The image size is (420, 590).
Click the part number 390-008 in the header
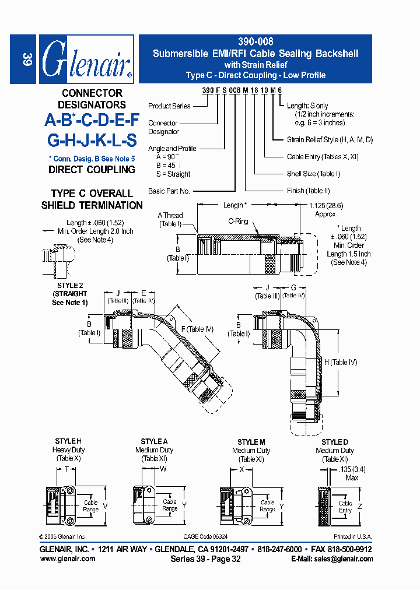click(x=256, y=42)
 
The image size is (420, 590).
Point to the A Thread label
click(x=170, y=220)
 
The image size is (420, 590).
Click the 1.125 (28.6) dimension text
click(x=326, y=205)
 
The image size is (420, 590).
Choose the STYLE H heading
click(x=68, y=441)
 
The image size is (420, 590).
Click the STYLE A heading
click(x=155, y=442)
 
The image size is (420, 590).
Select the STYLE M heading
click(x=251, y=442)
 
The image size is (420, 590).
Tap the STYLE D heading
click(x=335, y=442)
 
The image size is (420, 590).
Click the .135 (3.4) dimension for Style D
click(x=351, y=469)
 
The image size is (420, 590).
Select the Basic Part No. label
click(x=169, y=191)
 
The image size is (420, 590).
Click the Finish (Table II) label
click(x=309, y=191)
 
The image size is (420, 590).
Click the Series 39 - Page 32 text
click(x=205, y=559)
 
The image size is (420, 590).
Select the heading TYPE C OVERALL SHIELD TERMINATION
click(x=92, y=199)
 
